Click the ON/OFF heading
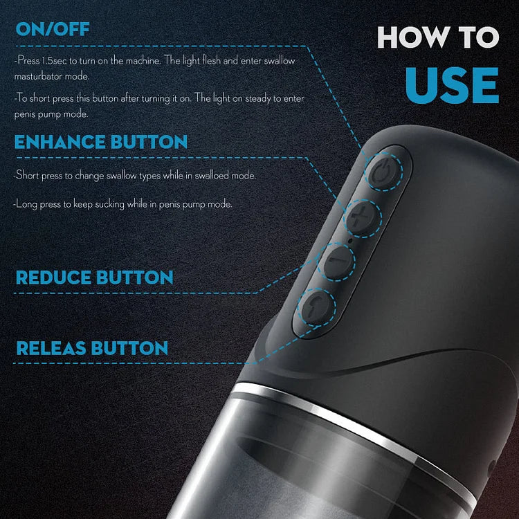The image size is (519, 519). [x=53, y=29]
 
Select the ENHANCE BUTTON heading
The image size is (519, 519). [x=101, y=143]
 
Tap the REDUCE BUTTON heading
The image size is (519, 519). [x=94, y=277]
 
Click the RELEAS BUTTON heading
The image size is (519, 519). [x=92, y=347]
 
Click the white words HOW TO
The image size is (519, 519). [x=437, y=37]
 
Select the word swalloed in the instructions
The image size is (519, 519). [x=220, y=176]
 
